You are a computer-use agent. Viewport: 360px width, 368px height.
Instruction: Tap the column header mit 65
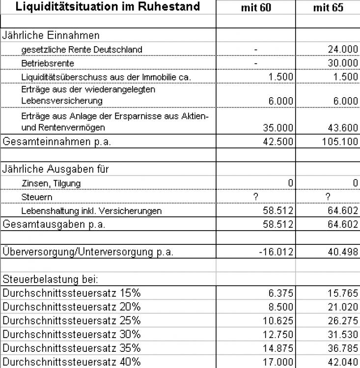coord(328,8)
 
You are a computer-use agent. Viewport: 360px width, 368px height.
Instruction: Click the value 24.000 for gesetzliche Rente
coord(343,50)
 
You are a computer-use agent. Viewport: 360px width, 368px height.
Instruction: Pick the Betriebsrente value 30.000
coord(343,63)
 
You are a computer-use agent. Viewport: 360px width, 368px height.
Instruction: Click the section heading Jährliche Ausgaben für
coord(55,169)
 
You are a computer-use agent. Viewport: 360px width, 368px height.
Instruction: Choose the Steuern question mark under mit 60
coord(255,197)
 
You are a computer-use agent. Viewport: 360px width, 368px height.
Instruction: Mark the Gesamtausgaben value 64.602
coord(343,225)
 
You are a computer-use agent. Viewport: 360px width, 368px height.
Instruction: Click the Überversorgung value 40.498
coord(343,252)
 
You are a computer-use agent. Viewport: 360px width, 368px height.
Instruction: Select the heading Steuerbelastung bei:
coord(51,280)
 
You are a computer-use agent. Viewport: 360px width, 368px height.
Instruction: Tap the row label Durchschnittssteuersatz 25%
coord(72,321)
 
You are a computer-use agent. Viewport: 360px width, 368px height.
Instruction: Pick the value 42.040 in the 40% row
coord(343,362)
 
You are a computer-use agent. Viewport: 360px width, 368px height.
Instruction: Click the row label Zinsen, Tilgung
coord(51,183)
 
